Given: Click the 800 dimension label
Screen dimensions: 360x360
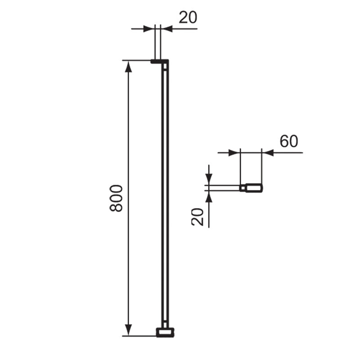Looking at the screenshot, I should point(116,198).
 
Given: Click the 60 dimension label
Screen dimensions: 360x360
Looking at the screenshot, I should point(288,141).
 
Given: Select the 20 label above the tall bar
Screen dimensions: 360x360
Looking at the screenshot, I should point(188,18).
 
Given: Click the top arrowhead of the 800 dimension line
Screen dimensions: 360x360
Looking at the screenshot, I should point(129,66).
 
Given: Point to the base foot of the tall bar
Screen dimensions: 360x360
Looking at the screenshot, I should point(165,333).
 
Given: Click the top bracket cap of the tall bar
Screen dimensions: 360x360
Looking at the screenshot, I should point(159,61).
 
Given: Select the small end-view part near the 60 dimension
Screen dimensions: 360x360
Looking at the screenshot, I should point(252,188).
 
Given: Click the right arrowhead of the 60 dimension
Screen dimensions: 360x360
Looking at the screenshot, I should point(268,153).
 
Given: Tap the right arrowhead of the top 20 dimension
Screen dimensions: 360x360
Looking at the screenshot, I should point(167,29).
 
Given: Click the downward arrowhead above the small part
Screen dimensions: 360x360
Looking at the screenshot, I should point(209,180).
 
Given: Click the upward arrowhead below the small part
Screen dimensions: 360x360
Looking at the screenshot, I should point(209,196).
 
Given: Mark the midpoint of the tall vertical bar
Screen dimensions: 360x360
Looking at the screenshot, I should point(165,198).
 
